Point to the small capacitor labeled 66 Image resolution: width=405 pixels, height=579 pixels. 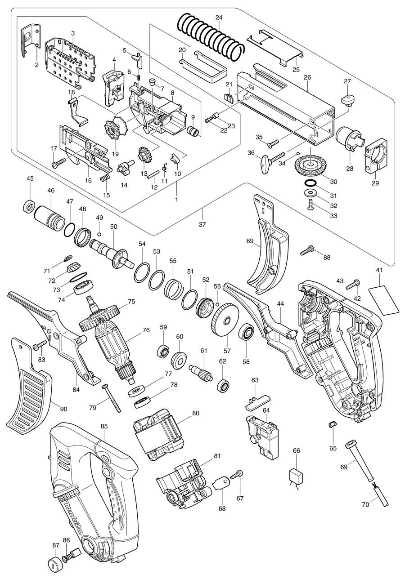296,476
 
